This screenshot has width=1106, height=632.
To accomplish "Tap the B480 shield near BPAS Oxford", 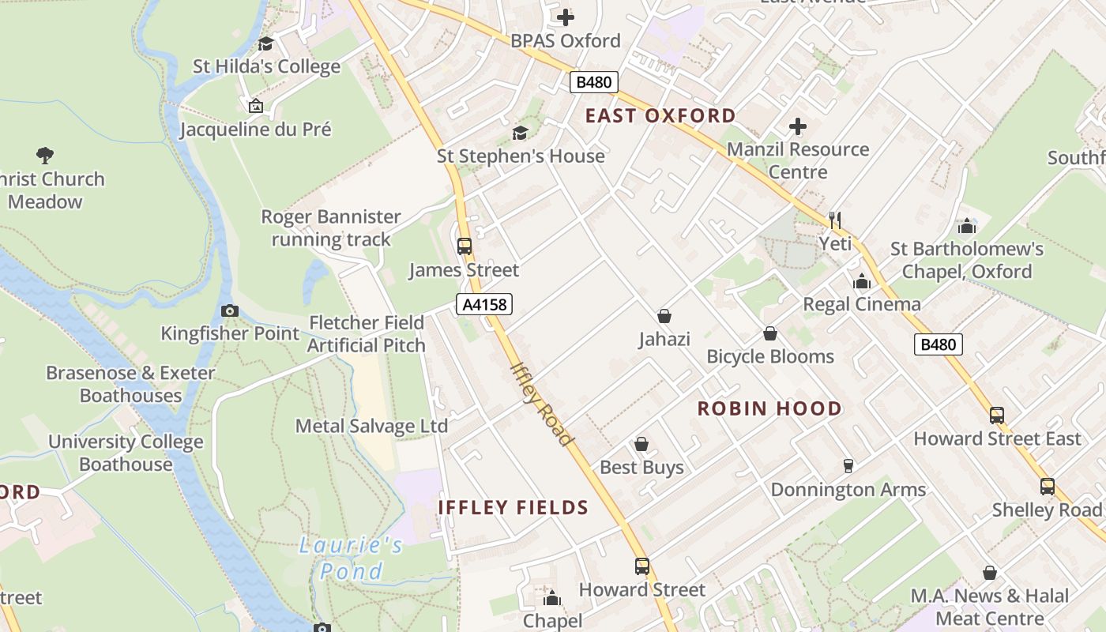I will (x=593, y=82).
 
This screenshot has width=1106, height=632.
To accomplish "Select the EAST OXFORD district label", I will (x=660, y=116).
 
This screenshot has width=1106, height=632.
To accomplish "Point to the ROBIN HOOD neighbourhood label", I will (x=769, y=408).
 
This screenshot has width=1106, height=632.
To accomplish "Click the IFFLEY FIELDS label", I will (x=513, y=507).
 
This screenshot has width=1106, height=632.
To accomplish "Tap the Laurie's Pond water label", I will (x=352, y=558).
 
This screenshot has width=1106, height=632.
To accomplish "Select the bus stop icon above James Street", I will (x=465, y=246).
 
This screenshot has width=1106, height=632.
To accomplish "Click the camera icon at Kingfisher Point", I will (x=230, y=310).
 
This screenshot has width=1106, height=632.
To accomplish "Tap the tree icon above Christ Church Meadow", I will (x=45, y=156).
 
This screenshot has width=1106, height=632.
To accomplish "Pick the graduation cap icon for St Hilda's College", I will (x=266, y=43).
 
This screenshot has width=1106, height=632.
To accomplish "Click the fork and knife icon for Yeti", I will (x=835, y=220).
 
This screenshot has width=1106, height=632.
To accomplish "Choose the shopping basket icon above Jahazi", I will (x=664, y=316).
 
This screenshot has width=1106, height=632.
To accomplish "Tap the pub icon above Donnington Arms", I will (x=848, y=466).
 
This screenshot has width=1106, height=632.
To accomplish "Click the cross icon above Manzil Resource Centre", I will (x=798, y=126).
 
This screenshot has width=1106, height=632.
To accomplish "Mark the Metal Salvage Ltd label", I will (x=371, y=427).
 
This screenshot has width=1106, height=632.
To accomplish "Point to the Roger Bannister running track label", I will (x=331, y=228).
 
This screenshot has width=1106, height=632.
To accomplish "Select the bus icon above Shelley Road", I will (x=1047, y=487).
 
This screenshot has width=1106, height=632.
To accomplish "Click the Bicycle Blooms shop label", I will (x=770, y=357).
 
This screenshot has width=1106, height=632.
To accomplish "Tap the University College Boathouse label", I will (x=126, y=453).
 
